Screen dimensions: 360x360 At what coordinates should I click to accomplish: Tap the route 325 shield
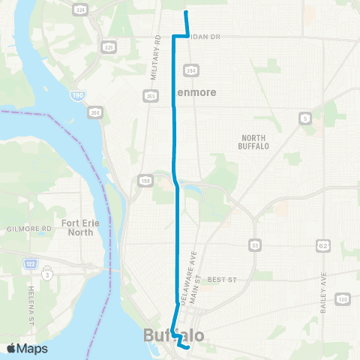click(x=109, y=47)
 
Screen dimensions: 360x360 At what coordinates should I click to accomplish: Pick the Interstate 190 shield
click(x=79, y=95)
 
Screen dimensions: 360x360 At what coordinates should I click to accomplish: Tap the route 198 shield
click(x=143, y=180)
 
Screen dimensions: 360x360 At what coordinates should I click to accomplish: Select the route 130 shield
click(x=343, y=300)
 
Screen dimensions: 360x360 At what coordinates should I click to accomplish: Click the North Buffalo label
click(x=261, y=142)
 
